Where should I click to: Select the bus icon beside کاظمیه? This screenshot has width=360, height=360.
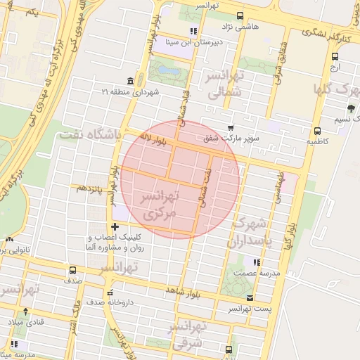coord(317,130)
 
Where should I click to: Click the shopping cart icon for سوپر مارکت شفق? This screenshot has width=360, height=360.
coord(231,127)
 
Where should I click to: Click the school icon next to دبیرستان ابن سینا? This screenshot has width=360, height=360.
coord(193,31)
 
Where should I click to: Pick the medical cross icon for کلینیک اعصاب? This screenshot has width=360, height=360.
coord(115,226)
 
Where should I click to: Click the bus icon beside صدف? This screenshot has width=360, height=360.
coord(73,269)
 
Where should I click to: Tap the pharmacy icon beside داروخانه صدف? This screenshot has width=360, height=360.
coord(109,292)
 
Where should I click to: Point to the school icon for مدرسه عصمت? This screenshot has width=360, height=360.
coord(257,262)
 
